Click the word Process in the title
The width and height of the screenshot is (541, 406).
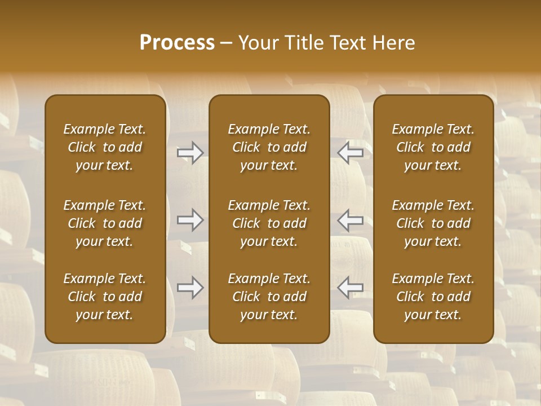pos(177,42)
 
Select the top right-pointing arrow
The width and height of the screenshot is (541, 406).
pos(190,153)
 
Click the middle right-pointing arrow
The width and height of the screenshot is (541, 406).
pos(190,220)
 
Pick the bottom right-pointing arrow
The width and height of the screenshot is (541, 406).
pos(190,288)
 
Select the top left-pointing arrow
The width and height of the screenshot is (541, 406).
pos(351,153)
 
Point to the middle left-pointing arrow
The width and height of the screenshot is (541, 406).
pos(351,220)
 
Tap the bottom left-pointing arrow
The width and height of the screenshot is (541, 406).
pos(351,288)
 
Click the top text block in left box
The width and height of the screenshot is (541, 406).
pos(105,147)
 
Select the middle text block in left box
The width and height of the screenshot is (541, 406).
pos(105,223)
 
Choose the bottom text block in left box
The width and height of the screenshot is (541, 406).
pos(105,297)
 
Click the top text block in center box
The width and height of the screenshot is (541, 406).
pos(269,147)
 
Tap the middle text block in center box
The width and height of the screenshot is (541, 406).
pos(269,223)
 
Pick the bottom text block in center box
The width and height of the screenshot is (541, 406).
pos(269,297)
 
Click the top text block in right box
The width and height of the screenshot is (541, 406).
pos(433,147)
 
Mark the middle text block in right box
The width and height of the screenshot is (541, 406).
pos(433,223)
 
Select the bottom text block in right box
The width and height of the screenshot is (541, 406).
pos(433,297)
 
